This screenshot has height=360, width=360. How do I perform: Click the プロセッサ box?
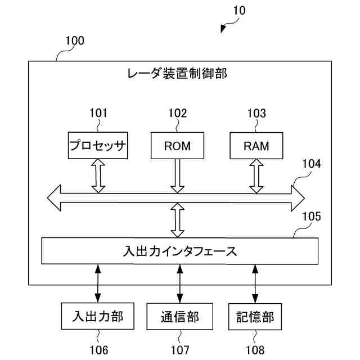point(98,145)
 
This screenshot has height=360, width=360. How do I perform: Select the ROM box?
point(178,146)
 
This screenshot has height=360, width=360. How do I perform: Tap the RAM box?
point(256,146)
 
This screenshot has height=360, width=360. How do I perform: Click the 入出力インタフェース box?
point(180,251)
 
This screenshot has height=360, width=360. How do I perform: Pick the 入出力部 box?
point(97,316)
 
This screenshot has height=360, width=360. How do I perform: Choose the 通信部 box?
point(180,316)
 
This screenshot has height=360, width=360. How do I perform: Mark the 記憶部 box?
point(255,317)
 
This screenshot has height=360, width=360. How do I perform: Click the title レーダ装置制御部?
point(177,74)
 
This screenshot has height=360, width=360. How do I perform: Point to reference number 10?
point(239,10)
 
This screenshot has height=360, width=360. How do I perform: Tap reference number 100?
point(75,40)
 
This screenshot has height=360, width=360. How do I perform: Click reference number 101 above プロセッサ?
point(98,113)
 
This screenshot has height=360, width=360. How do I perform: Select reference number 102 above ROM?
point(178,113)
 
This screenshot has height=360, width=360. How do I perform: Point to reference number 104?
point(312,164)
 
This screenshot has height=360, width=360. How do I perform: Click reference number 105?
point(312,216)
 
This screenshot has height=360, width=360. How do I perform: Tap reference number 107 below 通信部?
point(180,350)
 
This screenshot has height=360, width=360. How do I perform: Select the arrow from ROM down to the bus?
point(178,176)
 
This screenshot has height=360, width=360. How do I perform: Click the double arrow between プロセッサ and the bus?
point(98,176)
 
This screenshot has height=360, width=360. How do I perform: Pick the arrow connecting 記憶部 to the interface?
point(255,283)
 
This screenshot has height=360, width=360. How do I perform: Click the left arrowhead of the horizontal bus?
point(54,197)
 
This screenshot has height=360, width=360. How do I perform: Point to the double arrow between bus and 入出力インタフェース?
point(178,220)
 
